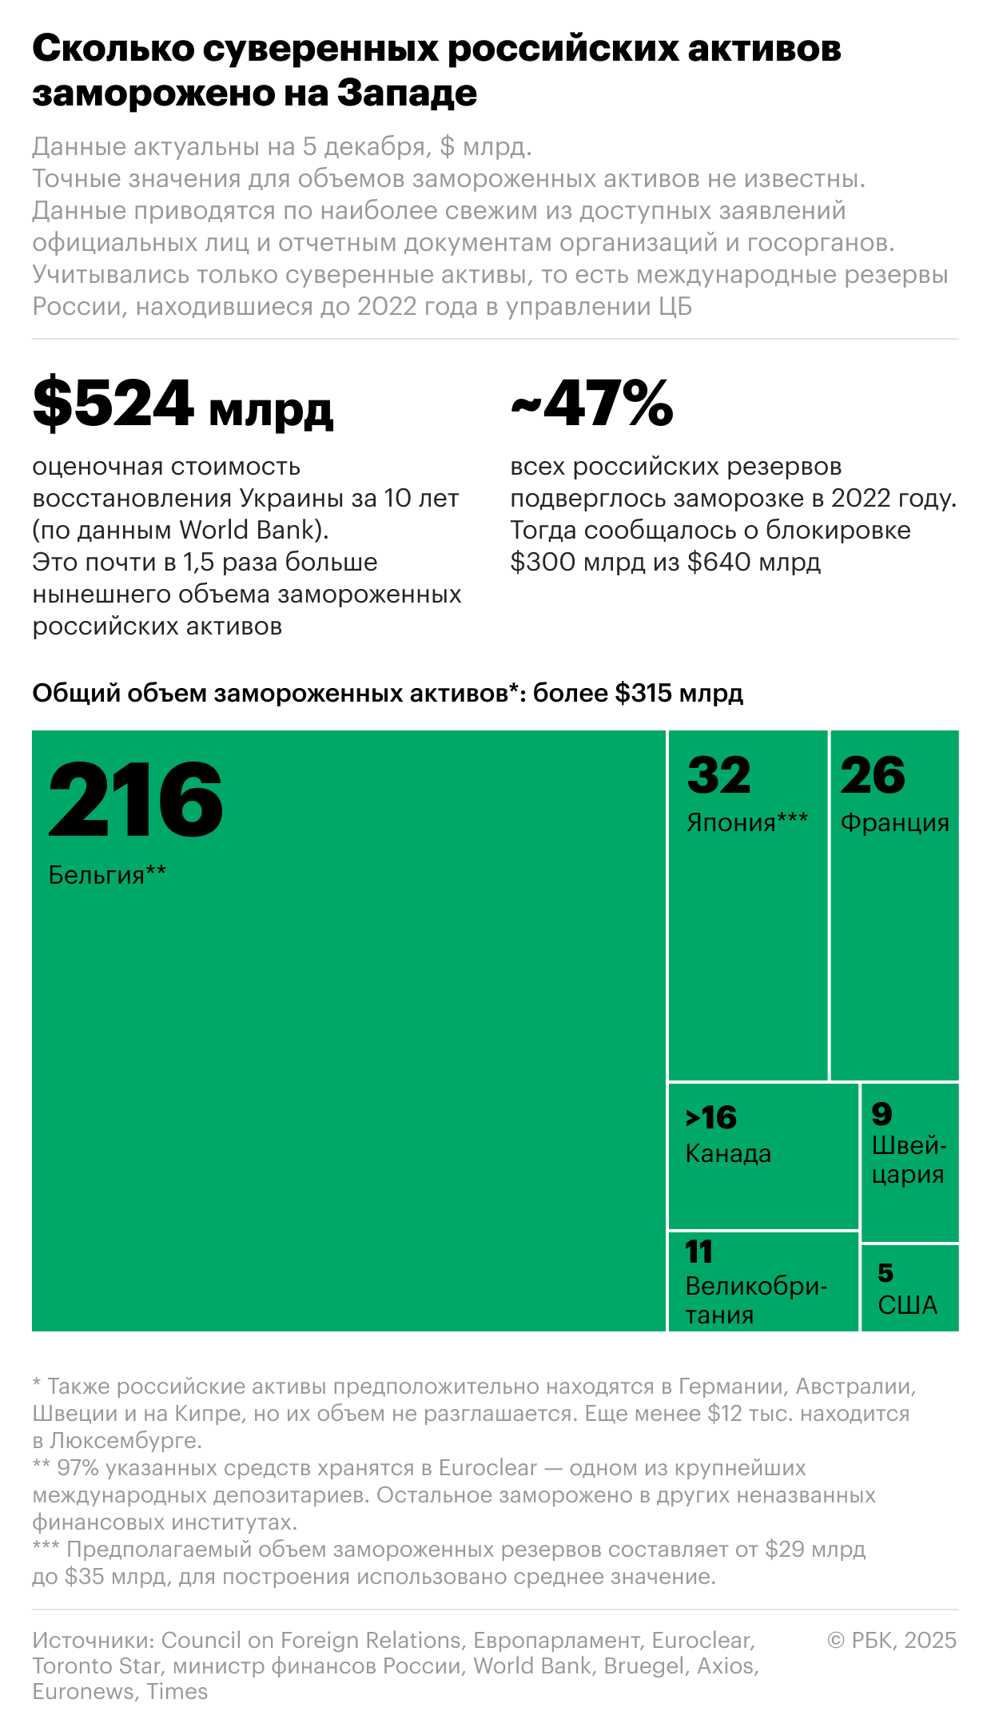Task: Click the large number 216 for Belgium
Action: tap(135, 799)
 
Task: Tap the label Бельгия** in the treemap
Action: tap(107, 875)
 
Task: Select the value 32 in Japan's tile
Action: tap(718, 775)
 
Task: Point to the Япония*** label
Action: tap(747, 822)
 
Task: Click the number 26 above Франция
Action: tap(873, 775)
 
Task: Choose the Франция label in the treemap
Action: tap(894, 822)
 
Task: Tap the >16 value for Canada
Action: tap(711, 1117)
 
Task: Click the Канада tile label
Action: tap(728, 1153)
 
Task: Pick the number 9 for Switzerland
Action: tap(882, 1113)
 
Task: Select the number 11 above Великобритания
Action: tap(698, 1251)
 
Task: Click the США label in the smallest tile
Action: tap(907, 1305)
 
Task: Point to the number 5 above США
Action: tap(886, 1272)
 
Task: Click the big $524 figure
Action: tap(113, 404)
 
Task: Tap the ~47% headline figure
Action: tap(591, 404)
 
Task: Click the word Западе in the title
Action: tap(407, 94)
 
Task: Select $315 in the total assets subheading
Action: tap(643, 693)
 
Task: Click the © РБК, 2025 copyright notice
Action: tap(892, 1640)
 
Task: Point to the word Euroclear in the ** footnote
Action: tap(488, 1467)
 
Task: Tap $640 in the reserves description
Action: tap(718, 562)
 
